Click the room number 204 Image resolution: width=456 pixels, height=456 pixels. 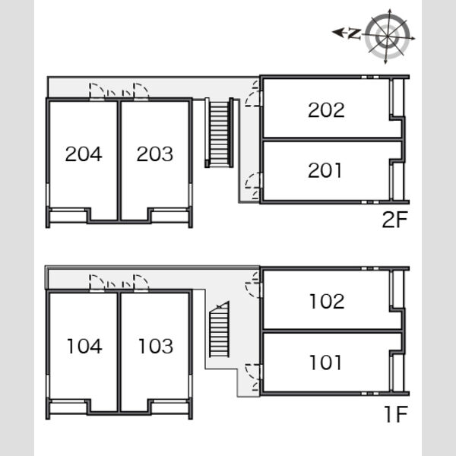click(x=84, y=154)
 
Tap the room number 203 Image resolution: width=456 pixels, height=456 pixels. click(x=155, y=154)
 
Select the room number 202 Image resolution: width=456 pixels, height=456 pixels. click(x=326, y=110)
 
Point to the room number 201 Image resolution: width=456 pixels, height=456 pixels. click(x=325, y=170)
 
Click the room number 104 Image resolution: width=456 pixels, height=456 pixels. click(x=84, y=346)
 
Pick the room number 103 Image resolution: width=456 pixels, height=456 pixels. click(x=156, y=346)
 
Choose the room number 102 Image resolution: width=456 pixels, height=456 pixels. click(x=327, y=301)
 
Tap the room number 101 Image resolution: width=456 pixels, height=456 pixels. click(x=326, y=363)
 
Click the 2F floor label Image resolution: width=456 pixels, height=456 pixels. click(x=395, y=220)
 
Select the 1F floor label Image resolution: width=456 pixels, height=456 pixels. click(x=396, y=414)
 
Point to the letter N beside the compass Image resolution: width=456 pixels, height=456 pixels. click(x=354, y=33)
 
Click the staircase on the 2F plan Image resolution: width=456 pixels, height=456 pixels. click(x=220, y=132)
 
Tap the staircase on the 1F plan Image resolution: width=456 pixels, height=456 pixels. click(x=220, y=329)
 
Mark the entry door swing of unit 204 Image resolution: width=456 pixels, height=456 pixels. click(x=97, y=90)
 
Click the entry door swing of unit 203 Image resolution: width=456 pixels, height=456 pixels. click(x=141, y=90)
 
